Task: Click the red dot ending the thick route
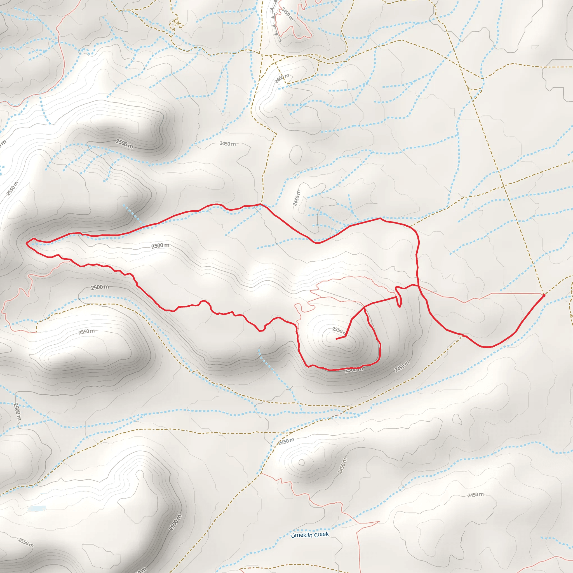point(544,295)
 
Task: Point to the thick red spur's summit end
point(336,339)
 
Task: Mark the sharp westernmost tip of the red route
point(26,243)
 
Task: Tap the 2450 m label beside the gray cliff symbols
point(287,14)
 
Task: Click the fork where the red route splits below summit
point(364,307)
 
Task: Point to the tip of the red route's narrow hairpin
point(400,307)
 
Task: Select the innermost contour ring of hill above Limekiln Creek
point(302,462)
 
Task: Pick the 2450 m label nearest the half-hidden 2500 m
point(401,367)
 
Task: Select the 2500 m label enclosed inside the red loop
point(160,246)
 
